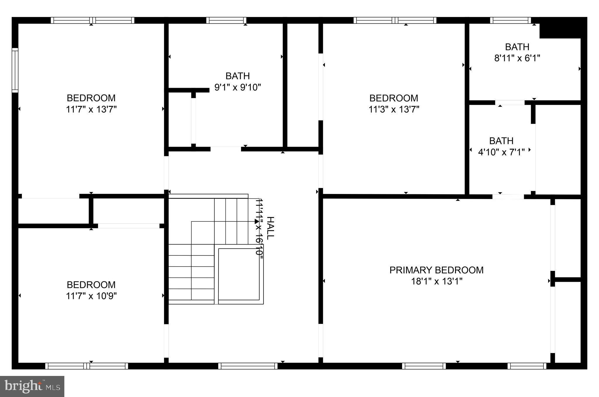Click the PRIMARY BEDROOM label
tap(436, 270)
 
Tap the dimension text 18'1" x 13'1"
tap(436, 281)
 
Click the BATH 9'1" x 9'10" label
tap(237, 76)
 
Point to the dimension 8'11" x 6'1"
tap(517, 58)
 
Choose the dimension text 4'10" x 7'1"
tap(501, 152)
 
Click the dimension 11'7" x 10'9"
tap(91, 296)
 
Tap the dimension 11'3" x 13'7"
tap(394, 109)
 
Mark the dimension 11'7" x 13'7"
tap(91, 109)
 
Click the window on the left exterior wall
tap(15, 70)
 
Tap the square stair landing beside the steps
tap(239, 274)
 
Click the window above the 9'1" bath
tap(226, 20)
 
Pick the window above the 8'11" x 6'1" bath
tap(510, 20)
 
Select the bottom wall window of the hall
tap(248, 366)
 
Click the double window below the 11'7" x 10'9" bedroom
tap(87, 366)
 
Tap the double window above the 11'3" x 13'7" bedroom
tap(395, 20)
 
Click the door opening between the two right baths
tap(510, 103)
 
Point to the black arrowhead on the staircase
tap(257, 221)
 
